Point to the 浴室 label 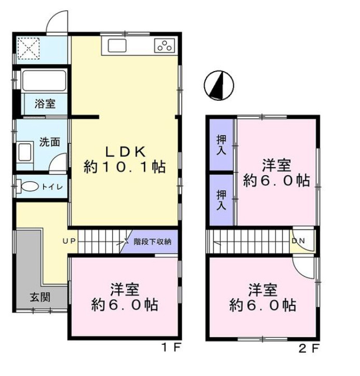[45, 103]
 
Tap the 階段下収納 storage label [155, 241]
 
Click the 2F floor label [308, 348]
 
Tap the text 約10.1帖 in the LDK [125, 167]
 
